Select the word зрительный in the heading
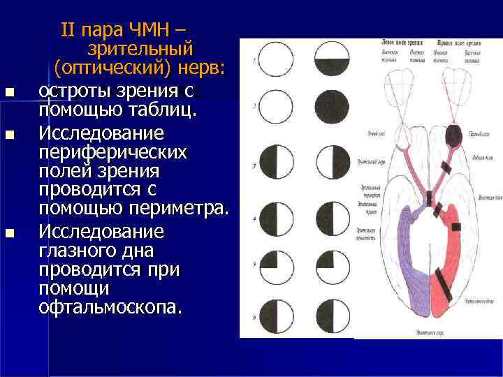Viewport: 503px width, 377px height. click(140, 50)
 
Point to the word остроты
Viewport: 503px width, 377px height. click(71, 90)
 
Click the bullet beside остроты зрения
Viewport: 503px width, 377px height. click(8, 91)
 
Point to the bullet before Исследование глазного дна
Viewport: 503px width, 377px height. click(8, 232)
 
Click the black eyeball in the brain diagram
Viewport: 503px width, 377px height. click(453, 136)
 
